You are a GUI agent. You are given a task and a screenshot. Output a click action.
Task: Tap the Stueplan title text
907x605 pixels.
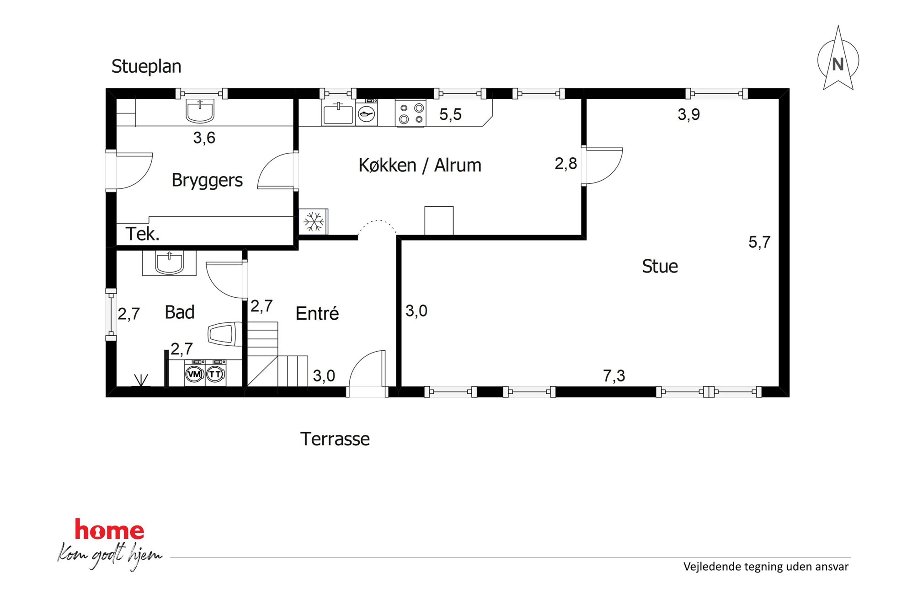[146, 67]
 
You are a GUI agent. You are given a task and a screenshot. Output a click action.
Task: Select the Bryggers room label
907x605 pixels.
[207, 180]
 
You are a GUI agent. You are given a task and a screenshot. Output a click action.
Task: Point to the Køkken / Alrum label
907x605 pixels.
[420, 165]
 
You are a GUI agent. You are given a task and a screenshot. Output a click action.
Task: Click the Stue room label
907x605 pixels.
[660, 266]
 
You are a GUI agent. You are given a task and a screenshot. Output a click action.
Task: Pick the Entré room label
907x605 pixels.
[317, 313]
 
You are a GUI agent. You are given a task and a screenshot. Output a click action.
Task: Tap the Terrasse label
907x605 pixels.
[335, 439]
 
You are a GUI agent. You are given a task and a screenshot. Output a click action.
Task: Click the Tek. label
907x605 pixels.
[143, 234]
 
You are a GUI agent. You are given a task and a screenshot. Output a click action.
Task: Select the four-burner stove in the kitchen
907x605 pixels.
[411, 113]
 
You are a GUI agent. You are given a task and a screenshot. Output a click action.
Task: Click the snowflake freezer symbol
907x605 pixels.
[314, 222]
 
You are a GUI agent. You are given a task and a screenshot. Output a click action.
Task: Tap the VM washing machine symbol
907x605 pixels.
[195, 374]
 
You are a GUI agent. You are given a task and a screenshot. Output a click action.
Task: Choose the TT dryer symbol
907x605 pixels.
[216, 374]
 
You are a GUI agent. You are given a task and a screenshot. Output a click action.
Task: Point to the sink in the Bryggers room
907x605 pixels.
[200, 112]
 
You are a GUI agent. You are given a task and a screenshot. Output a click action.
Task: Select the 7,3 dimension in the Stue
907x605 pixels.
[614, 376]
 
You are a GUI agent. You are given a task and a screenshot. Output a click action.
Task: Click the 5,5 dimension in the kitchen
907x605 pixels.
[450, 114]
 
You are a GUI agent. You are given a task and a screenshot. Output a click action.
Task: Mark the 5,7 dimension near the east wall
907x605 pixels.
[759, 242]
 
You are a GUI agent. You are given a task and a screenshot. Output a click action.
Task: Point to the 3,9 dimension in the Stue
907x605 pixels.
[689, 114]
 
